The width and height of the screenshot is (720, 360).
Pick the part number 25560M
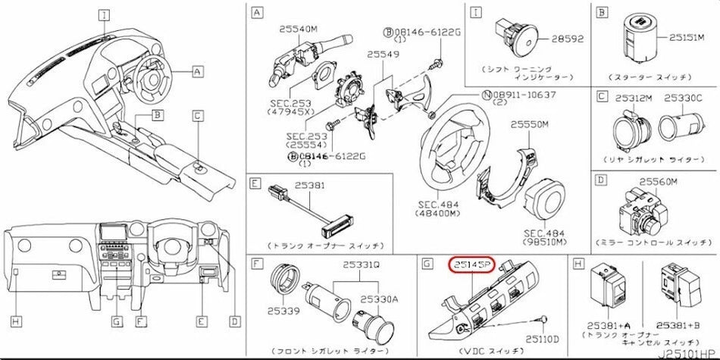pos(659,181)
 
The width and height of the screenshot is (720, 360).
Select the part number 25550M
pos(530,124)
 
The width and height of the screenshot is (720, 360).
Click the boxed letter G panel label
pos(427,264)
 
